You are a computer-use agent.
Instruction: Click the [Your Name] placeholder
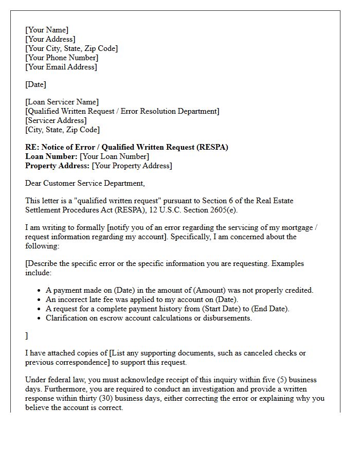click(47, 30)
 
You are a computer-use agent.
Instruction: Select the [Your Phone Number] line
click(62, 58)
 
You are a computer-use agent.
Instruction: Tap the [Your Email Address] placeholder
click(61, 67)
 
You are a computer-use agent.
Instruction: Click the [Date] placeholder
click(35, 84)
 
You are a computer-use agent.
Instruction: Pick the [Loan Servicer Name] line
click(62, 102)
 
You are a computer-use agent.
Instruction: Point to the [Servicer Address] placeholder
click(56, 120)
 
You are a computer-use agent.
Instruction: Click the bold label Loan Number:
click(51, 156)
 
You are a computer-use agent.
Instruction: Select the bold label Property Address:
click(57, 166)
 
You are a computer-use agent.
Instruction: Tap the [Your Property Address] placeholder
click(132, 166)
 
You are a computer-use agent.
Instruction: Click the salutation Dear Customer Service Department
click(85, 183)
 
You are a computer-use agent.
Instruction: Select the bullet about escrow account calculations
click(149, 318)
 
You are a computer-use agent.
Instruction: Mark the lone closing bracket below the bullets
click(27, 335)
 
